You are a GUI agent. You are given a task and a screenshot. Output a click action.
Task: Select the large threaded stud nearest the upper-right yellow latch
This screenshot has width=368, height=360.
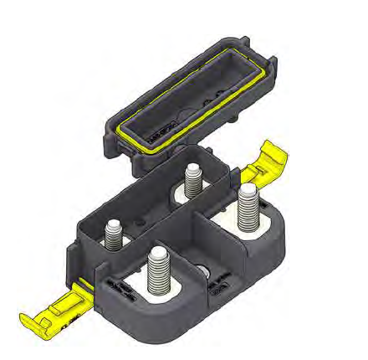pyautogui.click(x=247, y=209)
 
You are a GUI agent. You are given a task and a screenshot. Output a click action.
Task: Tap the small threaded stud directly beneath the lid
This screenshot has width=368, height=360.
pyautogui.click(x=194, y=178)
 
